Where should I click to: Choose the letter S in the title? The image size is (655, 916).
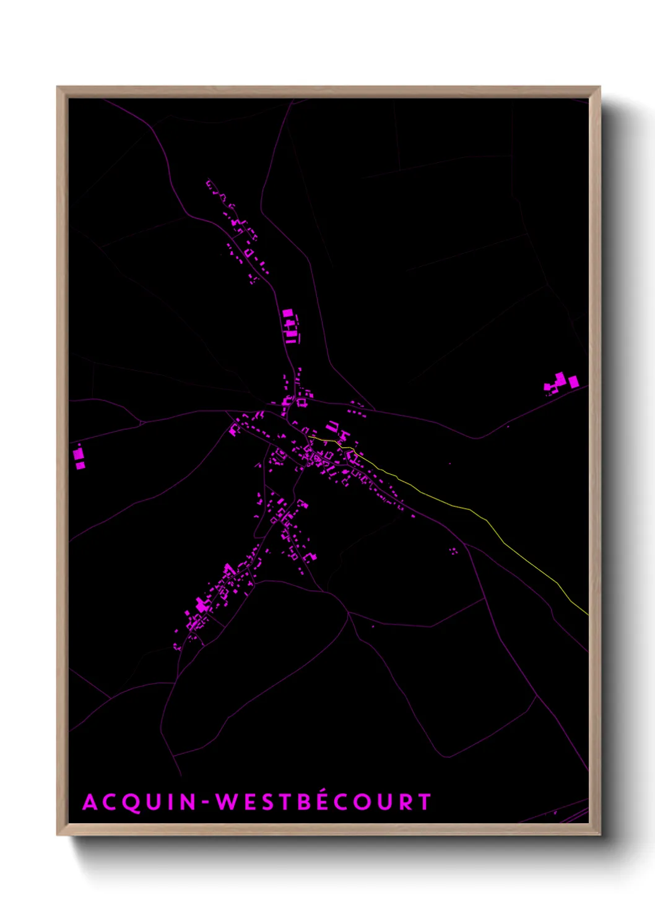point(265,802)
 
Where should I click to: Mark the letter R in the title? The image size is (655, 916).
point(404,802)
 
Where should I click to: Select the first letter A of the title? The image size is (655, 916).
point(90,802)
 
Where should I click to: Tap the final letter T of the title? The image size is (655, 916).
point(424,802)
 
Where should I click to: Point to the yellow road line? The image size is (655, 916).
point(471,510)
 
